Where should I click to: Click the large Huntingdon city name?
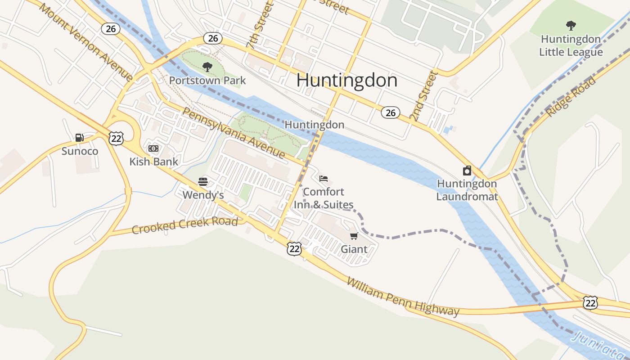(x=347, y=81)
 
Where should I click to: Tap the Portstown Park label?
(x=207, y=81)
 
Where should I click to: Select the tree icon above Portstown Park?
(x=207, y=67)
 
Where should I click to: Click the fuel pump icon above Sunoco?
(x=80, y=138)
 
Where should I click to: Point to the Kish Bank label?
(x=153, y=162)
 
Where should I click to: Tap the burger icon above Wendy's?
(x=203, y=182)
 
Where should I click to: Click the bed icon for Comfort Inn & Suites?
(x=324, y=179)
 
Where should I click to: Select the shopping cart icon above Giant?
(x=354, y=236)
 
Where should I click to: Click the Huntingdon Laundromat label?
(x=467, y=190)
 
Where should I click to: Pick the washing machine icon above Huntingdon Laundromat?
(x=467, y=171)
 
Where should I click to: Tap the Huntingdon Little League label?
(x=571, y=45)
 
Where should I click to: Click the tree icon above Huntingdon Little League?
(x=571, y=25)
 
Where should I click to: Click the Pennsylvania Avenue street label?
(x=234, y=133)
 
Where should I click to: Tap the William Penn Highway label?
(x=403, y=297)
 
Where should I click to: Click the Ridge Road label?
(x=571, y=97)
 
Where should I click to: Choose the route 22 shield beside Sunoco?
(x=116, y=138)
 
